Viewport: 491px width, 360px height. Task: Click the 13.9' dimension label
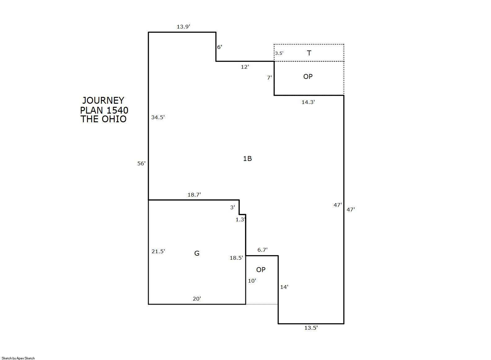click(x=183, y=27)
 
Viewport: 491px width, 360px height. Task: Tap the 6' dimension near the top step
click(x=219, y=47)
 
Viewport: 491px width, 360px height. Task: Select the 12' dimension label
click(x=245, y=67)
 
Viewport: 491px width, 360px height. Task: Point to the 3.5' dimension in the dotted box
click(x=279, y=53)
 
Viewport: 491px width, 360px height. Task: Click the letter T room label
click(x=309, y=53)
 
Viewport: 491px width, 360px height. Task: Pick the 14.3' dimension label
click(x=308, y=102)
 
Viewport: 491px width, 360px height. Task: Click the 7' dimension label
click(x=270, y=77)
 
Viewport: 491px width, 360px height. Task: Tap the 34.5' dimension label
click(x=158, y=117)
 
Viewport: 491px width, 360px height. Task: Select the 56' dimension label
click(x=141, y=163)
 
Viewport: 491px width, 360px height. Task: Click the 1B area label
click(x=247, y=158)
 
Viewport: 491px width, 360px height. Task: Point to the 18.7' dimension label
click(x=194, y=195)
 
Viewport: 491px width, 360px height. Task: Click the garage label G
click(x=197, y=253)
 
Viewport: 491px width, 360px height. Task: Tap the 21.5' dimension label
click(x=158, y=251)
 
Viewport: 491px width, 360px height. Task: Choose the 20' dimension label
click(x=197, y=299)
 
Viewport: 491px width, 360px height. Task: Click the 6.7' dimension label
click(x=262, y=250)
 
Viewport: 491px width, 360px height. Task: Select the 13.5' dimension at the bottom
click(x=311, y=328)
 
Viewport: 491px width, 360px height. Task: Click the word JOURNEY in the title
click(x=103, y=101)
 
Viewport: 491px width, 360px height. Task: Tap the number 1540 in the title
click(x=117, y=110)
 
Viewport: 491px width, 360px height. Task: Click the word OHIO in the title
click(x=114, y=119)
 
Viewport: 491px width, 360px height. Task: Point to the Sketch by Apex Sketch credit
click(x=18, y=358)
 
